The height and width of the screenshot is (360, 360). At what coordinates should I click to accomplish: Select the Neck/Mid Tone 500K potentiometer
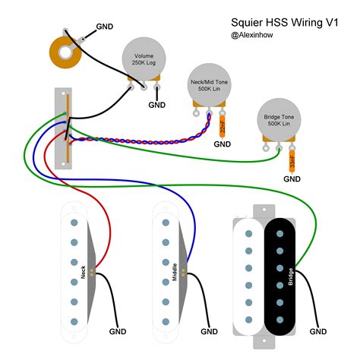(x=207, y=86)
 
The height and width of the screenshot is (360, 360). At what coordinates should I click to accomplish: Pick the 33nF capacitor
(x=292, y=161)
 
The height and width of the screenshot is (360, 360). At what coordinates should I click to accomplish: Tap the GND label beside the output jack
(x=106, y=27)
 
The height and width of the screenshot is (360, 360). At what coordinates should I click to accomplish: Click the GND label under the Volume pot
(x=157, y=105)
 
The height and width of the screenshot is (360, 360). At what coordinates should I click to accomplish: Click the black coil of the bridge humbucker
(x=281, y=277)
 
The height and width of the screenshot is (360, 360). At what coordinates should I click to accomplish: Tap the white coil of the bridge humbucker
(x=248, y=277)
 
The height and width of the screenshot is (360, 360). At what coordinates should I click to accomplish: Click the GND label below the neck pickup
(x=117, y=332)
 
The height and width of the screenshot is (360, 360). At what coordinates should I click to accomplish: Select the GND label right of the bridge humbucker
(x=319, y=332)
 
